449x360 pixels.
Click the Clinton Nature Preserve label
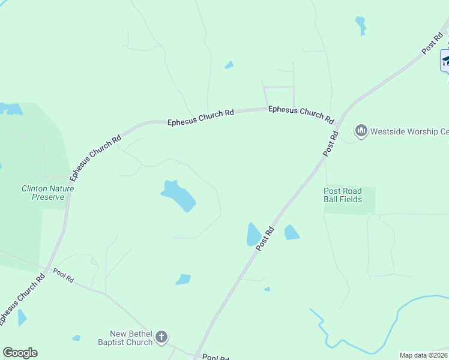point(48,192)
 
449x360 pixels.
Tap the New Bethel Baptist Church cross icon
point(161,337)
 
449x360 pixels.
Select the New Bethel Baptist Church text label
point(131,338)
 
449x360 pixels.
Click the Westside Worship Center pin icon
point(361,130)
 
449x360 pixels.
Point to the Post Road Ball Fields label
point(343,195)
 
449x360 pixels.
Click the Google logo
point(20,353)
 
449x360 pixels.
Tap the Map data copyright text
point(423,355)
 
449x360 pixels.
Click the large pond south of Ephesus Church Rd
point(179,196)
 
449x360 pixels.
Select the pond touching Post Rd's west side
point(253,235)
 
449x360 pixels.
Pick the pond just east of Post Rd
point(291,232)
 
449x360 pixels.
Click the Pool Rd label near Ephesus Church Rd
point(63,275)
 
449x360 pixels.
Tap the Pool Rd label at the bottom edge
point(215,358)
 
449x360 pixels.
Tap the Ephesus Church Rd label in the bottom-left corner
point(22,299)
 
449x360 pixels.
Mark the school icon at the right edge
point(445,60)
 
